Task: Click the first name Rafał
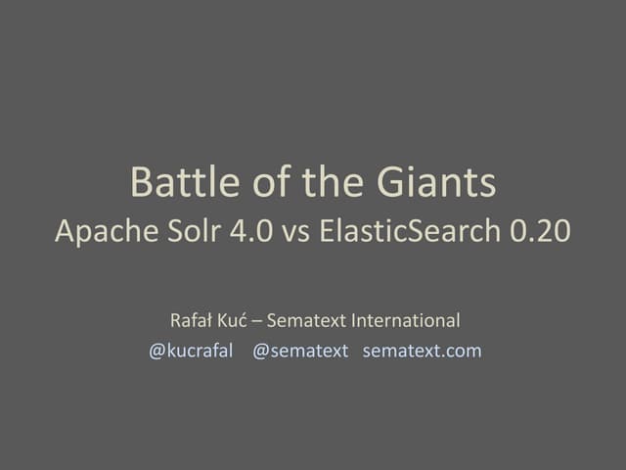tap(192, 320)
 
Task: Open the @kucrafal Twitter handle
tap(191, 351)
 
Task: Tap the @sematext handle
tap(300, 351)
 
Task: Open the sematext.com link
tap(422, 351)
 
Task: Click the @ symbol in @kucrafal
tap(156, 352)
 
